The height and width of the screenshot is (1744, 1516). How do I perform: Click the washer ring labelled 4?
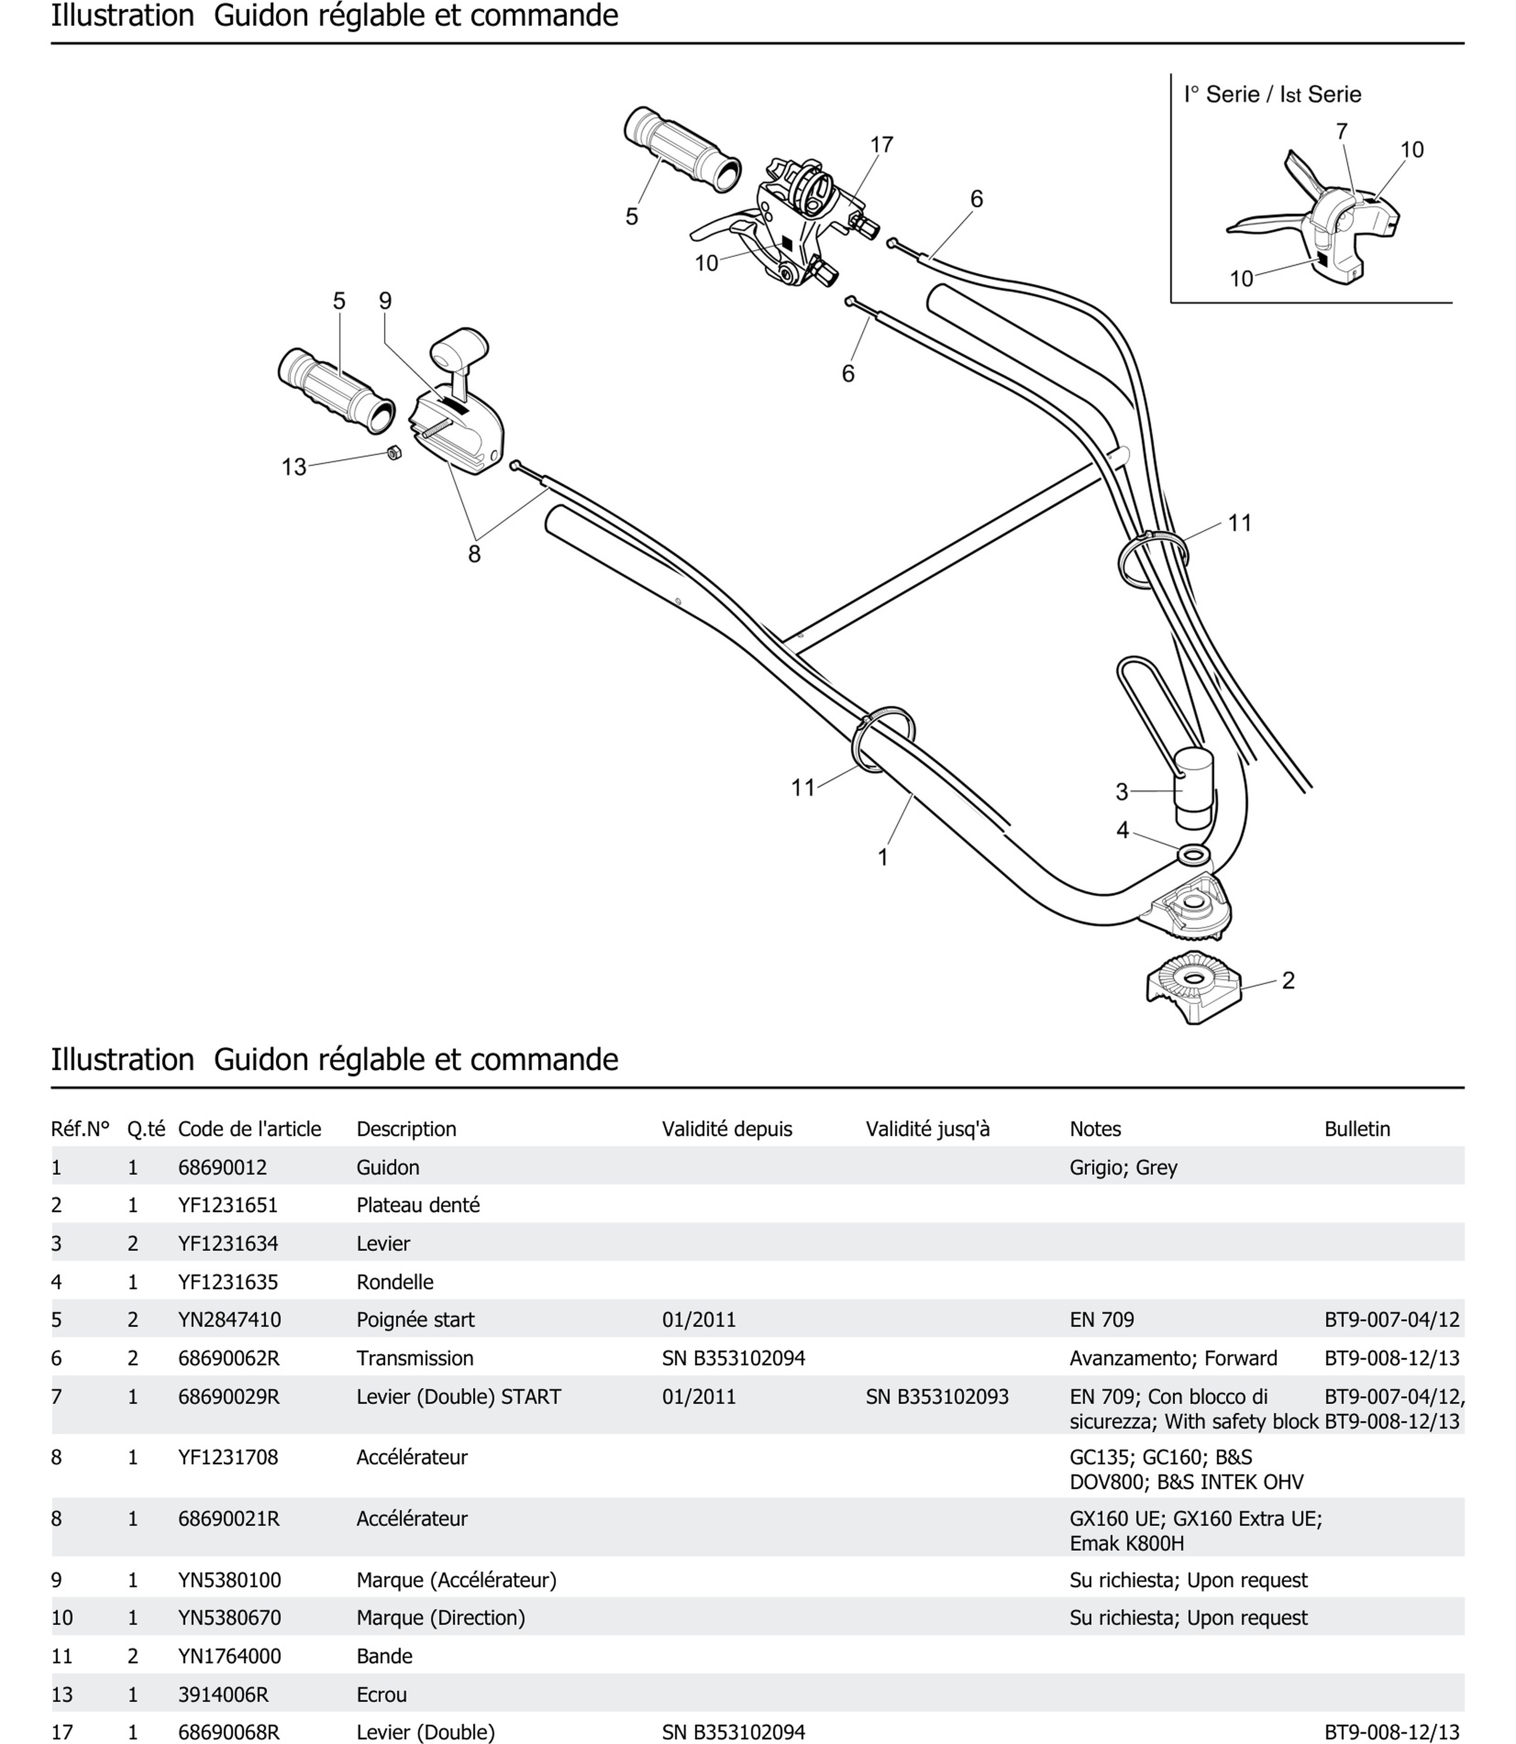click(x=1193, y=856)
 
